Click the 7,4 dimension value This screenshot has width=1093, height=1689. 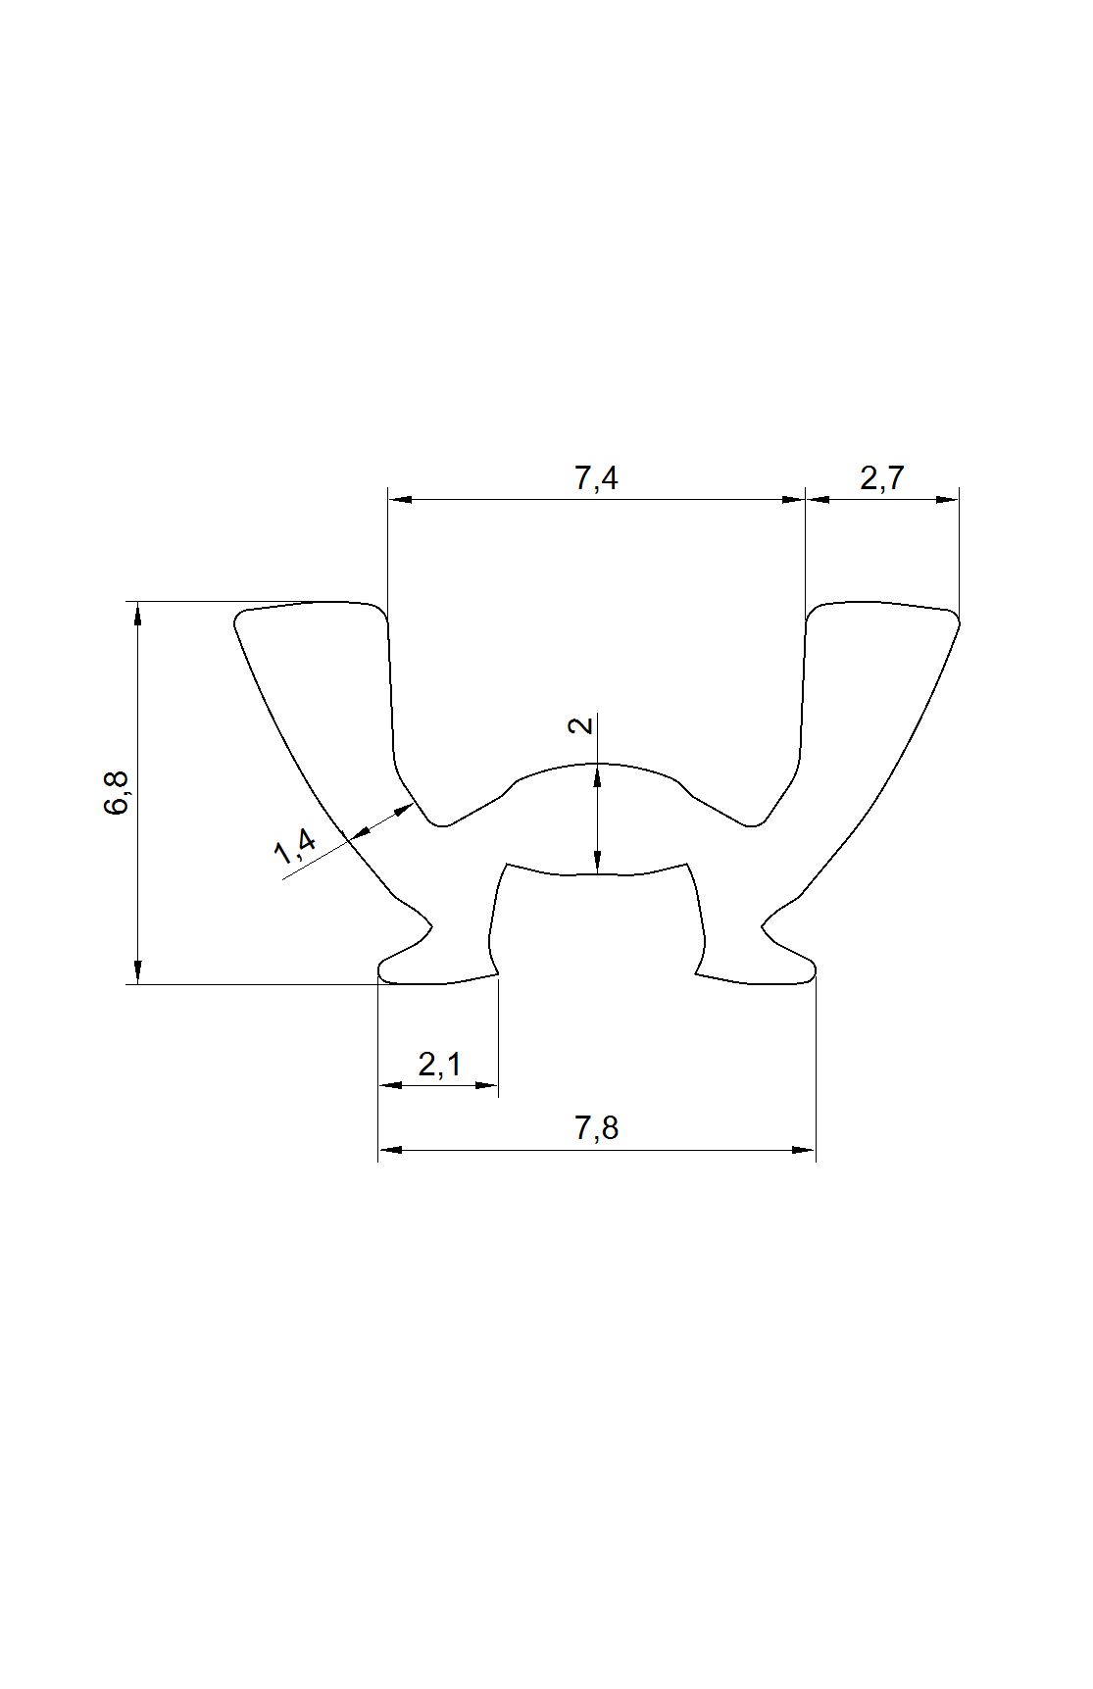tap(596, 478)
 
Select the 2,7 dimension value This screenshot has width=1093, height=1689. tap(881, 478)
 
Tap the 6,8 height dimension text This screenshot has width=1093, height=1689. tap(116, 793)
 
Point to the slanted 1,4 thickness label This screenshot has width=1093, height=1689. tap(295, 846)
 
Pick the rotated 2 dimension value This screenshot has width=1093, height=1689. tap(581, 725)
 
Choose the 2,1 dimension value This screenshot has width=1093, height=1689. tap(439, 1064)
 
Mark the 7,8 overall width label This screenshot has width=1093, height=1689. tap(596, 1128)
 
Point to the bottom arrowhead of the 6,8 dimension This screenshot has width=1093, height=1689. tap(138, 971)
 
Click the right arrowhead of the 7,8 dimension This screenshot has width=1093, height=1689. tap(803, 1150)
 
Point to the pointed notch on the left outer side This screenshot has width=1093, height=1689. tap(429, 925)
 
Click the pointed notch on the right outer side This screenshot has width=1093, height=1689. tap(765, 925)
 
